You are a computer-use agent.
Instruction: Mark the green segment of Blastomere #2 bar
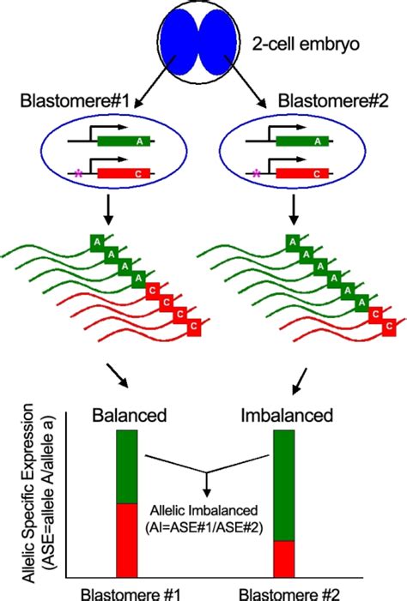283,484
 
